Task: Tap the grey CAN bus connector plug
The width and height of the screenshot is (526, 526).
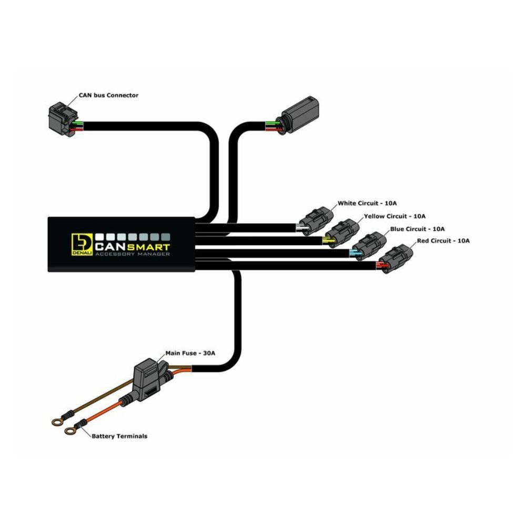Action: point(62,119)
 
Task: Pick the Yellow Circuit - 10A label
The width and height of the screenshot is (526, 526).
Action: point(394,216)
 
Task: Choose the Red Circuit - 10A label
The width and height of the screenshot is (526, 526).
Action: point(443,240)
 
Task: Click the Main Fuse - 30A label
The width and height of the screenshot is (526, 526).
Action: point(190,353)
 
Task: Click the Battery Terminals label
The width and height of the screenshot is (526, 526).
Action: point(119,436)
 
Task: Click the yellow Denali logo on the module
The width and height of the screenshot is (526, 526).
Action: point(82,244)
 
